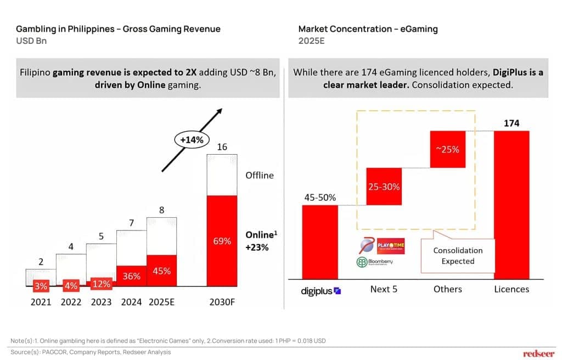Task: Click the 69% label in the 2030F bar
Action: click(222, 241)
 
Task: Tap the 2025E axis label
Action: click(161, 302)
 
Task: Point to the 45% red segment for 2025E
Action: click(161, 271)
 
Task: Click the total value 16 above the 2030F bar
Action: click(222, 147)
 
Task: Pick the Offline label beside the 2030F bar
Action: click(259, 175)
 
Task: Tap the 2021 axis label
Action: click(41, 302)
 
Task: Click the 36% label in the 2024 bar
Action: click(131, 277)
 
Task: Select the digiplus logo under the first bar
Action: click(321, 291)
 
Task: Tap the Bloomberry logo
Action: click(375, 262)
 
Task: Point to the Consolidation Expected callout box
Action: click(458, 256)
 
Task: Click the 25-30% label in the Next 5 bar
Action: click(384, 187)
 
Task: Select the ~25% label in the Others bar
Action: click(448, 149)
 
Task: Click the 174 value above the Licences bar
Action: click(512, 123)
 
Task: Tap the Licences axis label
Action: click(512, 289)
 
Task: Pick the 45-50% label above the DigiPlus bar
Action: click(319, 198)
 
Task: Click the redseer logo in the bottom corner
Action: click(539, 353)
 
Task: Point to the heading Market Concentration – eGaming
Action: click(368, 29)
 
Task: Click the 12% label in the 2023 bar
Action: click(101, 284)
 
